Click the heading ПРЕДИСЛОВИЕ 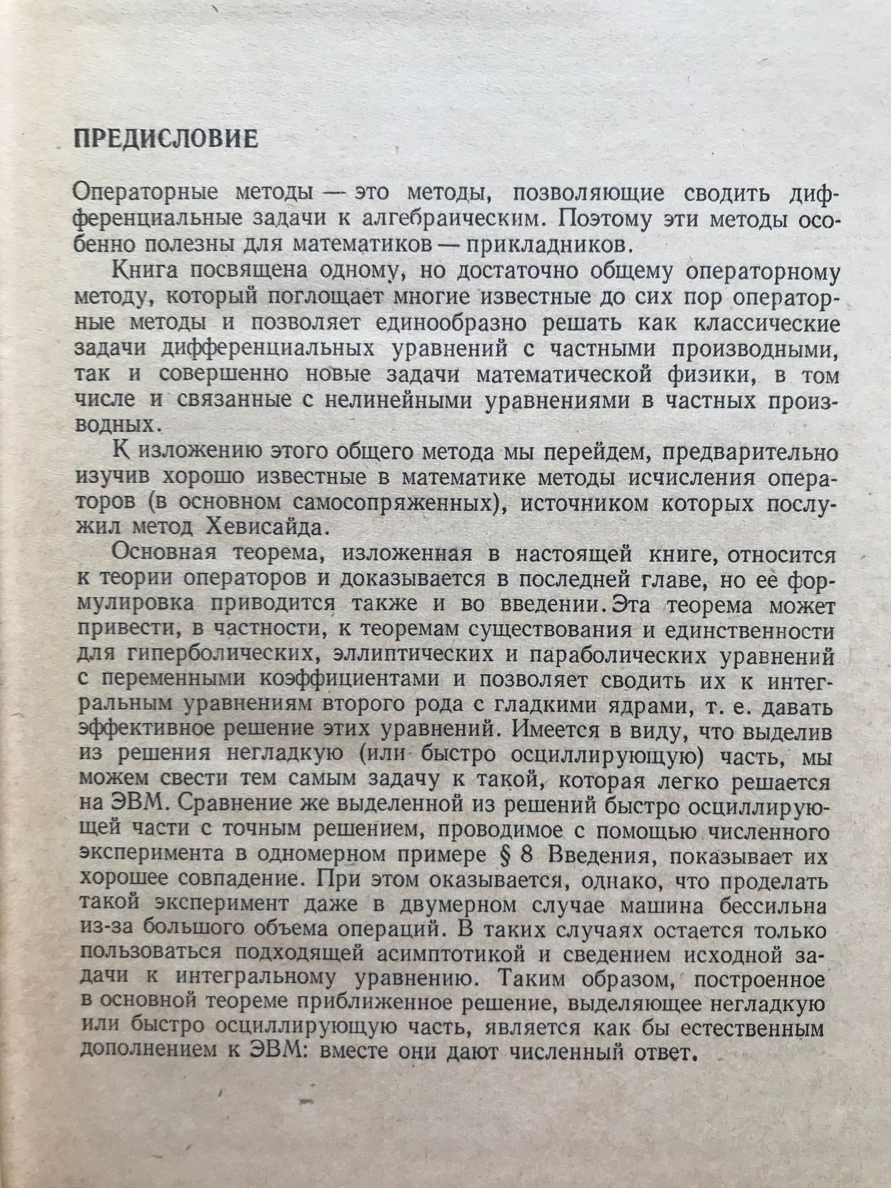(165, 139)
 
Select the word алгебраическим (453, 219)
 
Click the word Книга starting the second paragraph (141, 270)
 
